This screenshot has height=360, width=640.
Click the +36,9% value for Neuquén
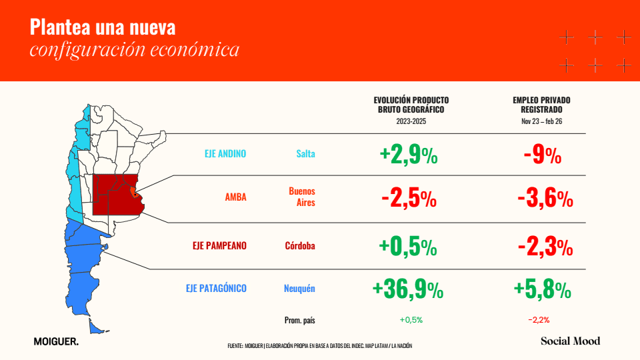pos(408,289)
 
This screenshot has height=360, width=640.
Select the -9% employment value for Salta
pos(543,155)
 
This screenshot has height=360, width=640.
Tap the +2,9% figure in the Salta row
pos(409,155)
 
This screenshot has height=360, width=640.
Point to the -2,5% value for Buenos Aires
pos(409,199)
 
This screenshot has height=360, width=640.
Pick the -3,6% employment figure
pos(545,199)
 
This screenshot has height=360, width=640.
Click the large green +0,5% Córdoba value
pos(408,247)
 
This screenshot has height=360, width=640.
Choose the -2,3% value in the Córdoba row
pos(545,247)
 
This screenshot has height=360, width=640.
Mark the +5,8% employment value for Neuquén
pos(543,289)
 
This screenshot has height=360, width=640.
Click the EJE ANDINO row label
pos(225,154)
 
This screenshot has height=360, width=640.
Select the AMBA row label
pos(235,197)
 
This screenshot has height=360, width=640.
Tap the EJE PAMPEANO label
pos(219,246)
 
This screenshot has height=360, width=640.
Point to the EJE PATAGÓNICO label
pos(216,288)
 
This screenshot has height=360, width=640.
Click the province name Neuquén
pos(299,289)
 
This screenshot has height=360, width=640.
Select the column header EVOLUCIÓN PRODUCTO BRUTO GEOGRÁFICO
pos(411,105)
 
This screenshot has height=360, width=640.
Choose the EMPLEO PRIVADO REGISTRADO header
pos(541,105)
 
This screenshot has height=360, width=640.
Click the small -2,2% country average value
pos(539,320)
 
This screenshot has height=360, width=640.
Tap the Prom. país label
pos(299,321)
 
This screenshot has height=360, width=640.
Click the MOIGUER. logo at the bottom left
pos(56,341)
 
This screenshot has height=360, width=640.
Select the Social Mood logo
pos(571,341)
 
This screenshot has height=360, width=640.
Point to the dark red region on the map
pos(116,196)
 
